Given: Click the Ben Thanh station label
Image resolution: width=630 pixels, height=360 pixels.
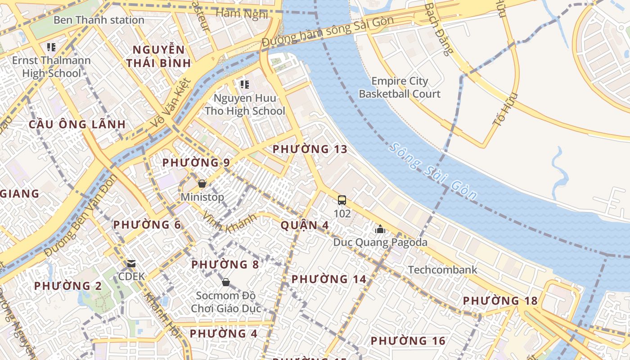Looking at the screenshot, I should pos(99,20).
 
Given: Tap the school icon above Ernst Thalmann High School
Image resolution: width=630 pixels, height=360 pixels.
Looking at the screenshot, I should pos(51,47).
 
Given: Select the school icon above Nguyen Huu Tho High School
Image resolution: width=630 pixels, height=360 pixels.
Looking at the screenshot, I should pos(245,84).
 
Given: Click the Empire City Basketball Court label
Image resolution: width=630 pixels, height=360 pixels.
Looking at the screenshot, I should pos(400,87).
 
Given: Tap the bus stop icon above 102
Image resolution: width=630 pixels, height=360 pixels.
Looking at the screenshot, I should pos(342,200).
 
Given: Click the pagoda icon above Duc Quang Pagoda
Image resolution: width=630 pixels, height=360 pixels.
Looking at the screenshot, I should pos(380,229).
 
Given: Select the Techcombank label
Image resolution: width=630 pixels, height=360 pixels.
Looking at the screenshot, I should pos(442,270).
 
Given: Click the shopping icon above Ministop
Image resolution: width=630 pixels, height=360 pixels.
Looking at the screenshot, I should pos(202,184).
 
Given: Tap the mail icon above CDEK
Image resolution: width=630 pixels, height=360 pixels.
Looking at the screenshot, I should pos(131,263).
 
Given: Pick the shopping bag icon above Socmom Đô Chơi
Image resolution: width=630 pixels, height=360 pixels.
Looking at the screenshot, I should pos(226,282).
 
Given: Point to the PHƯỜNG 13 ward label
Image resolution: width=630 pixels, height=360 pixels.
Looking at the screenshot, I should pos(310,149).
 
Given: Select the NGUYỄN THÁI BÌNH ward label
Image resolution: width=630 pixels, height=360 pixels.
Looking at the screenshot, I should pos(158,56).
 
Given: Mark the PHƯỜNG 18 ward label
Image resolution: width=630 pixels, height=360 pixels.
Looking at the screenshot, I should pos(500,301).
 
